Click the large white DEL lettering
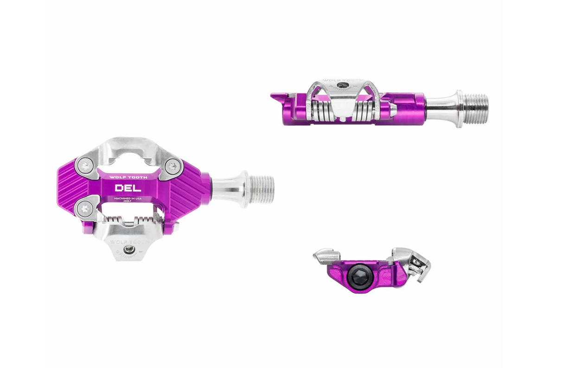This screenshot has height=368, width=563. click(x=128, y=188)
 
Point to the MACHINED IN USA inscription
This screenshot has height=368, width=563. click(x=128, y=198)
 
